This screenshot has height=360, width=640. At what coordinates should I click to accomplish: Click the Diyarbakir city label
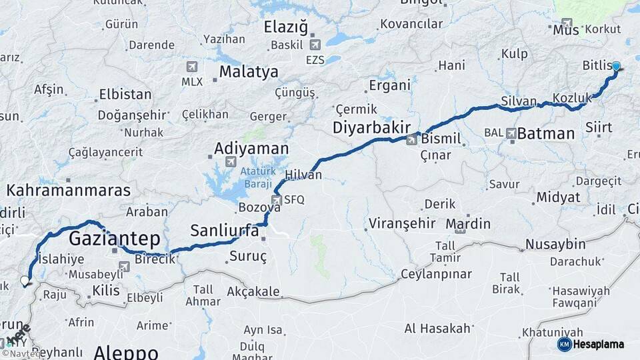[369, 127]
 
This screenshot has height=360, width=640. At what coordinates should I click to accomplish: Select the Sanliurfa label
[225, 231]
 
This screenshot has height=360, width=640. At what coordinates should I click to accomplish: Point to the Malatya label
[249, 71]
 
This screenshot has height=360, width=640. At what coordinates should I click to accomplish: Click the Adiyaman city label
[251, 148]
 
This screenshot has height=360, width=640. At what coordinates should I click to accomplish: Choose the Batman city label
[546, 133]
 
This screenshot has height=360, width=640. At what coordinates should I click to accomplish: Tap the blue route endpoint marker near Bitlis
[617, 66]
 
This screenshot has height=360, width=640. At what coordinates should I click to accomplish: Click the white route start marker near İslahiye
[25, 281]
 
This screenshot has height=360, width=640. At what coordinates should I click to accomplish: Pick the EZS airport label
[316, 60]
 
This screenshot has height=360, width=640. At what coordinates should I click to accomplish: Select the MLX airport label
[192, 81]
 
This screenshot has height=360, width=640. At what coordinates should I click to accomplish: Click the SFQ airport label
[293, 199]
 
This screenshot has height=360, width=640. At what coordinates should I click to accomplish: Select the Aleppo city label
[126, 352]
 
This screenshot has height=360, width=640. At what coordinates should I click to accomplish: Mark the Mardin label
[468, 223]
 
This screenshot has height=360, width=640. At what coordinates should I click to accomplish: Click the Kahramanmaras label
[69, 191]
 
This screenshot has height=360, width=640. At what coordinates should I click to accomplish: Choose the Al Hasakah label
[437, 328]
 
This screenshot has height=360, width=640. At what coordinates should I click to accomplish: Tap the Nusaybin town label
[555, 244]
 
